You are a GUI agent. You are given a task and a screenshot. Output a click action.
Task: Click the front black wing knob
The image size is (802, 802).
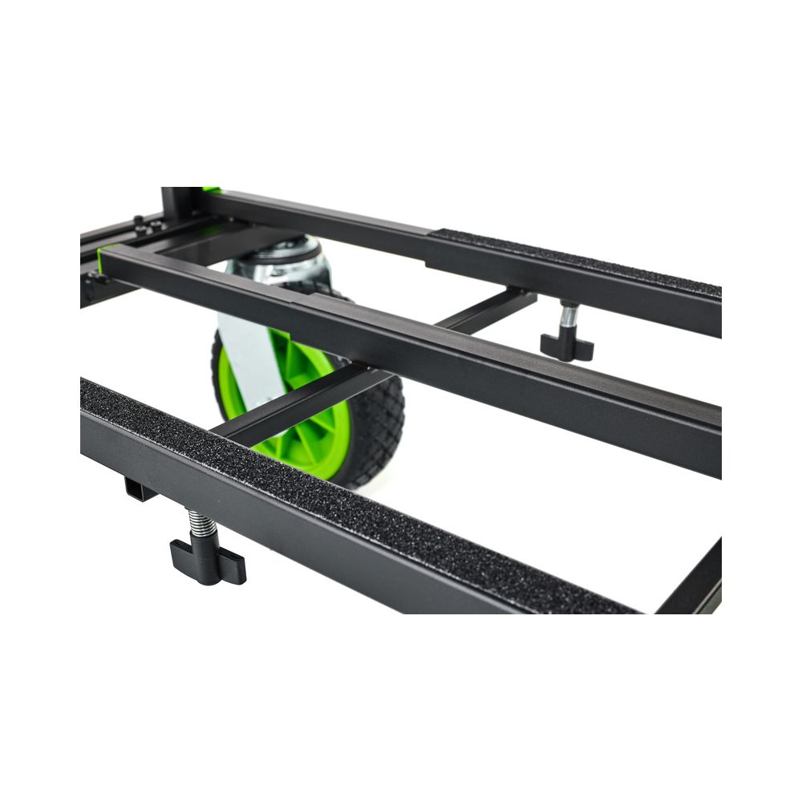click(207, 561)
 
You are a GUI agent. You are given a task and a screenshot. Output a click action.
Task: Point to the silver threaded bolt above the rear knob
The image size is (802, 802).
click(569, 314)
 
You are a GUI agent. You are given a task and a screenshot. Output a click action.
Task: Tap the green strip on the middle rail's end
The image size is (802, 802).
click(102, 258)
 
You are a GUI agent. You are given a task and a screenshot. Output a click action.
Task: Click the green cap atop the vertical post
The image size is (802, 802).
click(211, 190)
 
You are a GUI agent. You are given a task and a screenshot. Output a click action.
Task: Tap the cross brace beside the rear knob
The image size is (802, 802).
click(489, 309)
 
